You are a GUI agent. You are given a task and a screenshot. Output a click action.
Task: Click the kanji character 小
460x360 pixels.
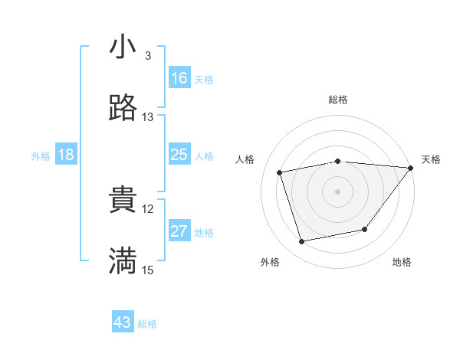(x=123, y=47)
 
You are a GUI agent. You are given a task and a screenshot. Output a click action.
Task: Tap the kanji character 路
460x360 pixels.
(x=123, y=109)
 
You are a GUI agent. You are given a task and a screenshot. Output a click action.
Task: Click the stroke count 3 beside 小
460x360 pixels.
(x=148, y=55)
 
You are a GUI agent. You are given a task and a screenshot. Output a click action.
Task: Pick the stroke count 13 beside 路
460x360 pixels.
(x=148, y=117)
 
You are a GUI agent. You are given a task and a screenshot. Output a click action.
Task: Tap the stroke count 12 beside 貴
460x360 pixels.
(x=148, y=208)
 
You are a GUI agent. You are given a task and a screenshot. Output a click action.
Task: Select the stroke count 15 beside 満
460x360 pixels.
(x=148, y=270)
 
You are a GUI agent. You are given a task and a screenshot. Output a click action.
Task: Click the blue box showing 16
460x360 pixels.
(x=179, y=78)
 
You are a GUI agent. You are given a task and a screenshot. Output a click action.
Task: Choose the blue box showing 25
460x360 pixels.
(x=179, y=155)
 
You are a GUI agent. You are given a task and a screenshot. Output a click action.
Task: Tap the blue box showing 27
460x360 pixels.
(x=179, y=231)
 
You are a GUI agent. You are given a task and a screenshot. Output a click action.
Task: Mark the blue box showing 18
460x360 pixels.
(x=66, y=155)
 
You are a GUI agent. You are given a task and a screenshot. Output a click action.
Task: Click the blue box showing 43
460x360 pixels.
(x=123, y=323)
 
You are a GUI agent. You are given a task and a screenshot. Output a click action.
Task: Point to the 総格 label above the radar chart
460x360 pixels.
(x=338, y=100)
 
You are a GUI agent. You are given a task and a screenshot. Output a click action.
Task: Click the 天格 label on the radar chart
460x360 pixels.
(x=431, y=159)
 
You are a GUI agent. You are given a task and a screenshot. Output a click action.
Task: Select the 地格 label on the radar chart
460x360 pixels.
(x=402, y=262)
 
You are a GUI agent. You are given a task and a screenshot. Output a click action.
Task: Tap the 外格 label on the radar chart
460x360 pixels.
(x=270, y=262)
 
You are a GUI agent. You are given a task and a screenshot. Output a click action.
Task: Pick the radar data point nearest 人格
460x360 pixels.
(x=280, y=172)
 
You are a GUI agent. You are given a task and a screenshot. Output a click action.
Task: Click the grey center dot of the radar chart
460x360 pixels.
(x=338, y=191)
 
